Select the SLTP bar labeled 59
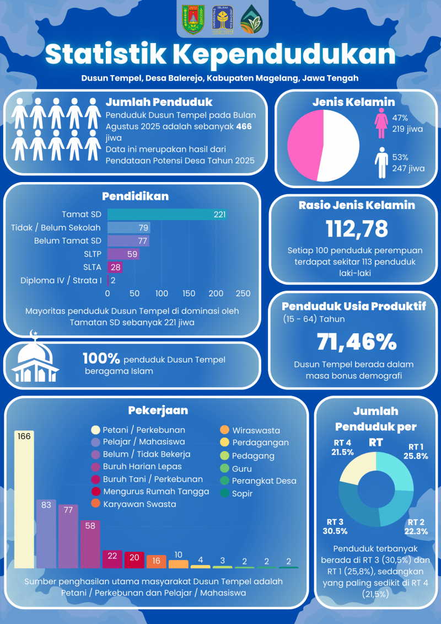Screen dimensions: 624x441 [123, 254]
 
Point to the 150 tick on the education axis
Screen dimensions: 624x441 [189, 294]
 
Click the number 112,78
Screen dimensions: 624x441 [357, 228]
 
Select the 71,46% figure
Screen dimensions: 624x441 [357, 342]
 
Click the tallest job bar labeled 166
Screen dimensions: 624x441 [24, 499]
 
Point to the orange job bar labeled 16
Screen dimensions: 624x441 [156, 561]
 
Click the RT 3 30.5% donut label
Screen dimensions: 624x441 [335, 526]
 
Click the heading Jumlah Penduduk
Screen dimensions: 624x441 [159, 103]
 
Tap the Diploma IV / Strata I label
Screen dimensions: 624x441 [61, 280]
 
